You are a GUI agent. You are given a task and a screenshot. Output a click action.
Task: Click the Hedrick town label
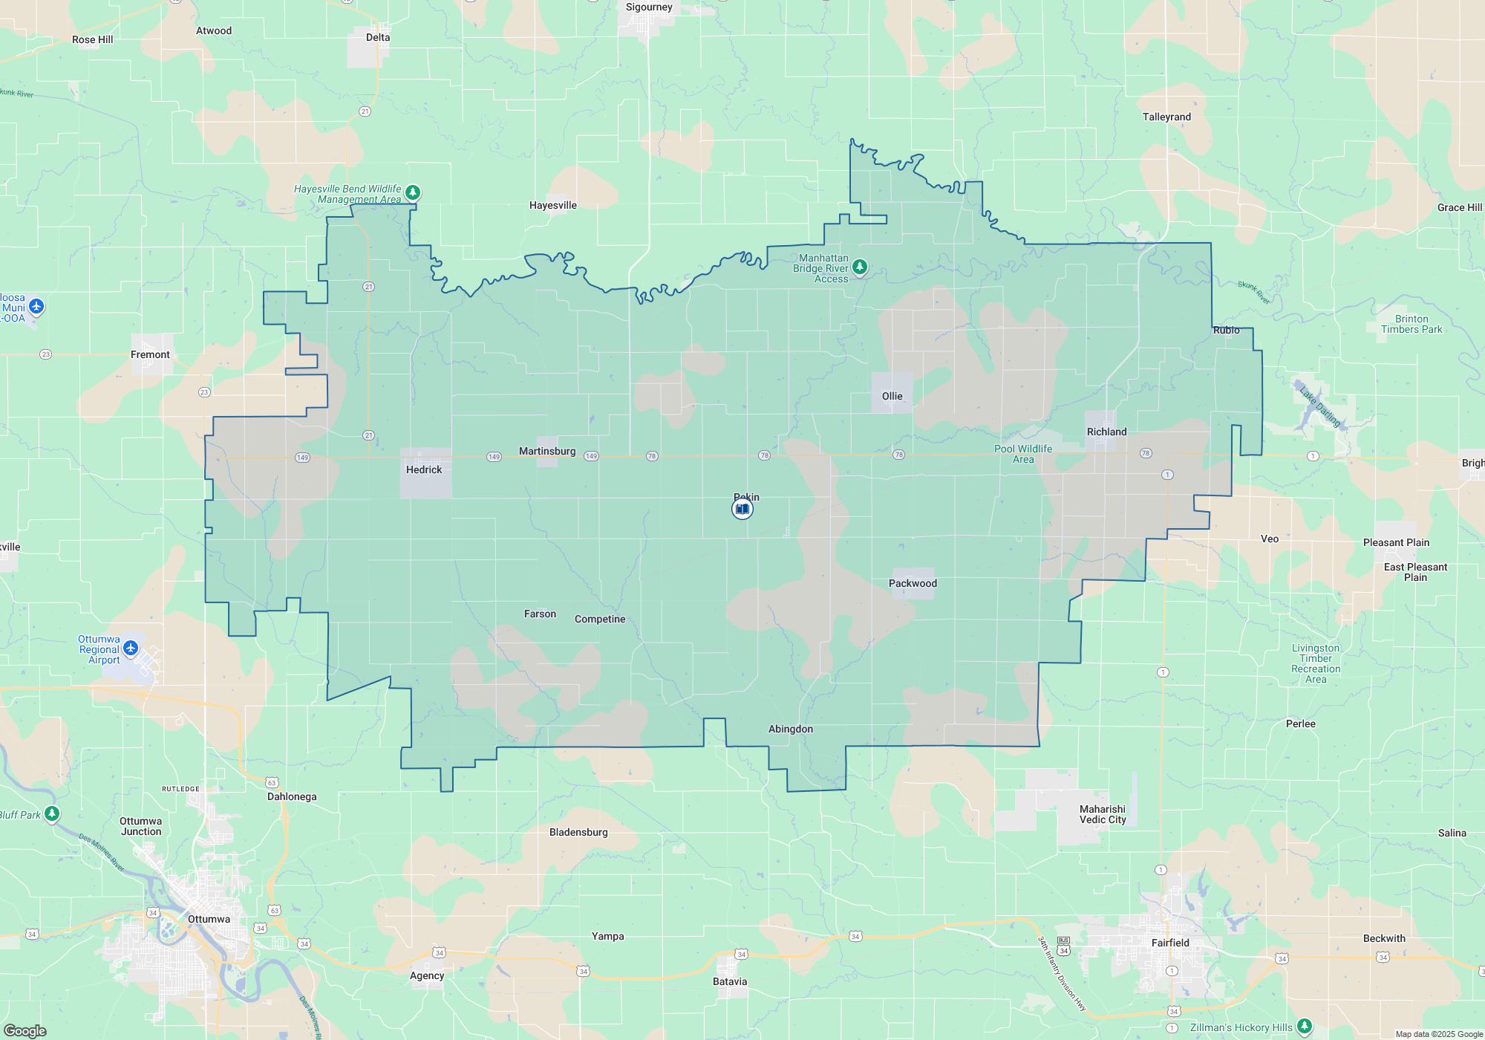tap(423, 469)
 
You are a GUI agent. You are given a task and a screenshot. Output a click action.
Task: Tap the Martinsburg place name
tap(546, 451)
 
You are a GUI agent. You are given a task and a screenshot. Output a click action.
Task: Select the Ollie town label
tap(892, 396)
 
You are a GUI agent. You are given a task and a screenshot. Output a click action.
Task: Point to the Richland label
tap(1106, 432)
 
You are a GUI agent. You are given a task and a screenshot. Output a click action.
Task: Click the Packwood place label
tap(913, 583)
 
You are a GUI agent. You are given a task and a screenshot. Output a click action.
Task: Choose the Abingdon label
tap(790, 729)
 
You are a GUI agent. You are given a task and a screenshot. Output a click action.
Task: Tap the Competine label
tap(599, 619)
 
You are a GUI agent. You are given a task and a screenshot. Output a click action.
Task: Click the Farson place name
tap(540, 614)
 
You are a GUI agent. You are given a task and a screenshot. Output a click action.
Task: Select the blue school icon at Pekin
tap(742, 509)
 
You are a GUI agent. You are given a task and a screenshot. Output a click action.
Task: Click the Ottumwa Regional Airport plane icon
tap(131, 649)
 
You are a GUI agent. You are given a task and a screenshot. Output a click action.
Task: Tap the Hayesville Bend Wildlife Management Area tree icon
tap(413, 192)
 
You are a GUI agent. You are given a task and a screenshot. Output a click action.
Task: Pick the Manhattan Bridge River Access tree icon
tap(860, 266)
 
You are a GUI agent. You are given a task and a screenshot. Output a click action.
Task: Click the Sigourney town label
tap(648, 7)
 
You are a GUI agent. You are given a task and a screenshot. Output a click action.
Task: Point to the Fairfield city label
tap(1170, 943)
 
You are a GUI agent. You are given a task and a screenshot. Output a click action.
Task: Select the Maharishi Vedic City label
tap(1103, 814)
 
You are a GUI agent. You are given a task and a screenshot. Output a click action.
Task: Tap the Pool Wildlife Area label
tap(1022, 454)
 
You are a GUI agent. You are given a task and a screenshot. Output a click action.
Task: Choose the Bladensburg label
tap(578, 832)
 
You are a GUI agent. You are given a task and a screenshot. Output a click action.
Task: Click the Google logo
tap(25, 1030)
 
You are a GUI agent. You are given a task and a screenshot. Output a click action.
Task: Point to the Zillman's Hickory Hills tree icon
tap(1305, 1027)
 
